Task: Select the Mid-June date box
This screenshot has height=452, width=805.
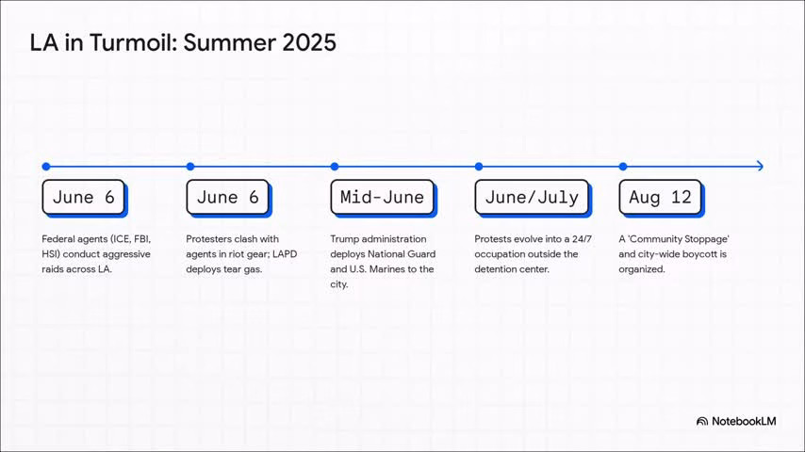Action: point(382,197)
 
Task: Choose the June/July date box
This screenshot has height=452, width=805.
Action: point(532,197)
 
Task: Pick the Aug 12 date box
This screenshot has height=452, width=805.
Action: point(660,197)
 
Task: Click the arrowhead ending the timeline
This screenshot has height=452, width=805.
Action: point(759,167)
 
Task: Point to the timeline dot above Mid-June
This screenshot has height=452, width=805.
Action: point(335,167)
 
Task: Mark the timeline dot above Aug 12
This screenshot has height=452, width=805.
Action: point(623,167)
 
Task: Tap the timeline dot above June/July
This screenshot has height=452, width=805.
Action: point(479,167)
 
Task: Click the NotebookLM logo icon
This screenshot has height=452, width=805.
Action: point(702,421)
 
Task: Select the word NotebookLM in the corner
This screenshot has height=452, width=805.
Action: point(745,421)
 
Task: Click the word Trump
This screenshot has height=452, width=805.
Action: point(346,239)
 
